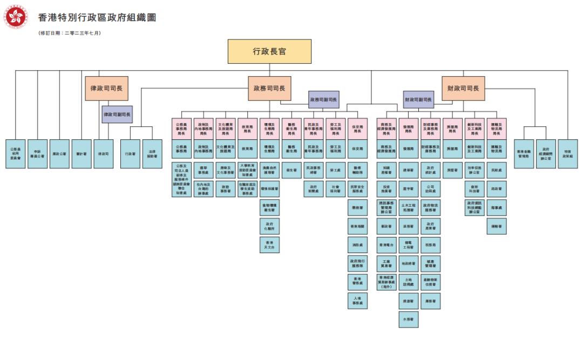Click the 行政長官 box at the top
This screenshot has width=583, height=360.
click(269, 52)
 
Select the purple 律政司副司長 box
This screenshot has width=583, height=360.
click(117, 114)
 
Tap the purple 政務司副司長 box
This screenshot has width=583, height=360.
click(324, 100)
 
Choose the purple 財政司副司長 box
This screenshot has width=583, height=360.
click(418, 100)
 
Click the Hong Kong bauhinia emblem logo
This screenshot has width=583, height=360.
click(16, 17)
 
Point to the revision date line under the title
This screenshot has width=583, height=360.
click(70, 33)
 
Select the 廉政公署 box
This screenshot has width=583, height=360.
click(59, 154)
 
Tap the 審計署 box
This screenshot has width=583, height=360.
click(82, 154)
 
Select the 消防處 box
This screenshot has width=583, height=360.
click(357, 245)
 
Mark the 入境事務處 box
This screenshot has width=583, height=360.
click(357, 301)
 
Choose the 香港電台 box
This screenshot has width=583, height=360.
click(386, 245)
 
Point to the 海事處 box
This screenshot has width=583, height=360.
click(497, 208)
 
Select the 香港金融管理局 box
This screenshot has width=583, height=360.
click(524, 154)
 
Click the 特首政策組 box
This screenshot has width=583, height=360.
click(568, 154)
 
